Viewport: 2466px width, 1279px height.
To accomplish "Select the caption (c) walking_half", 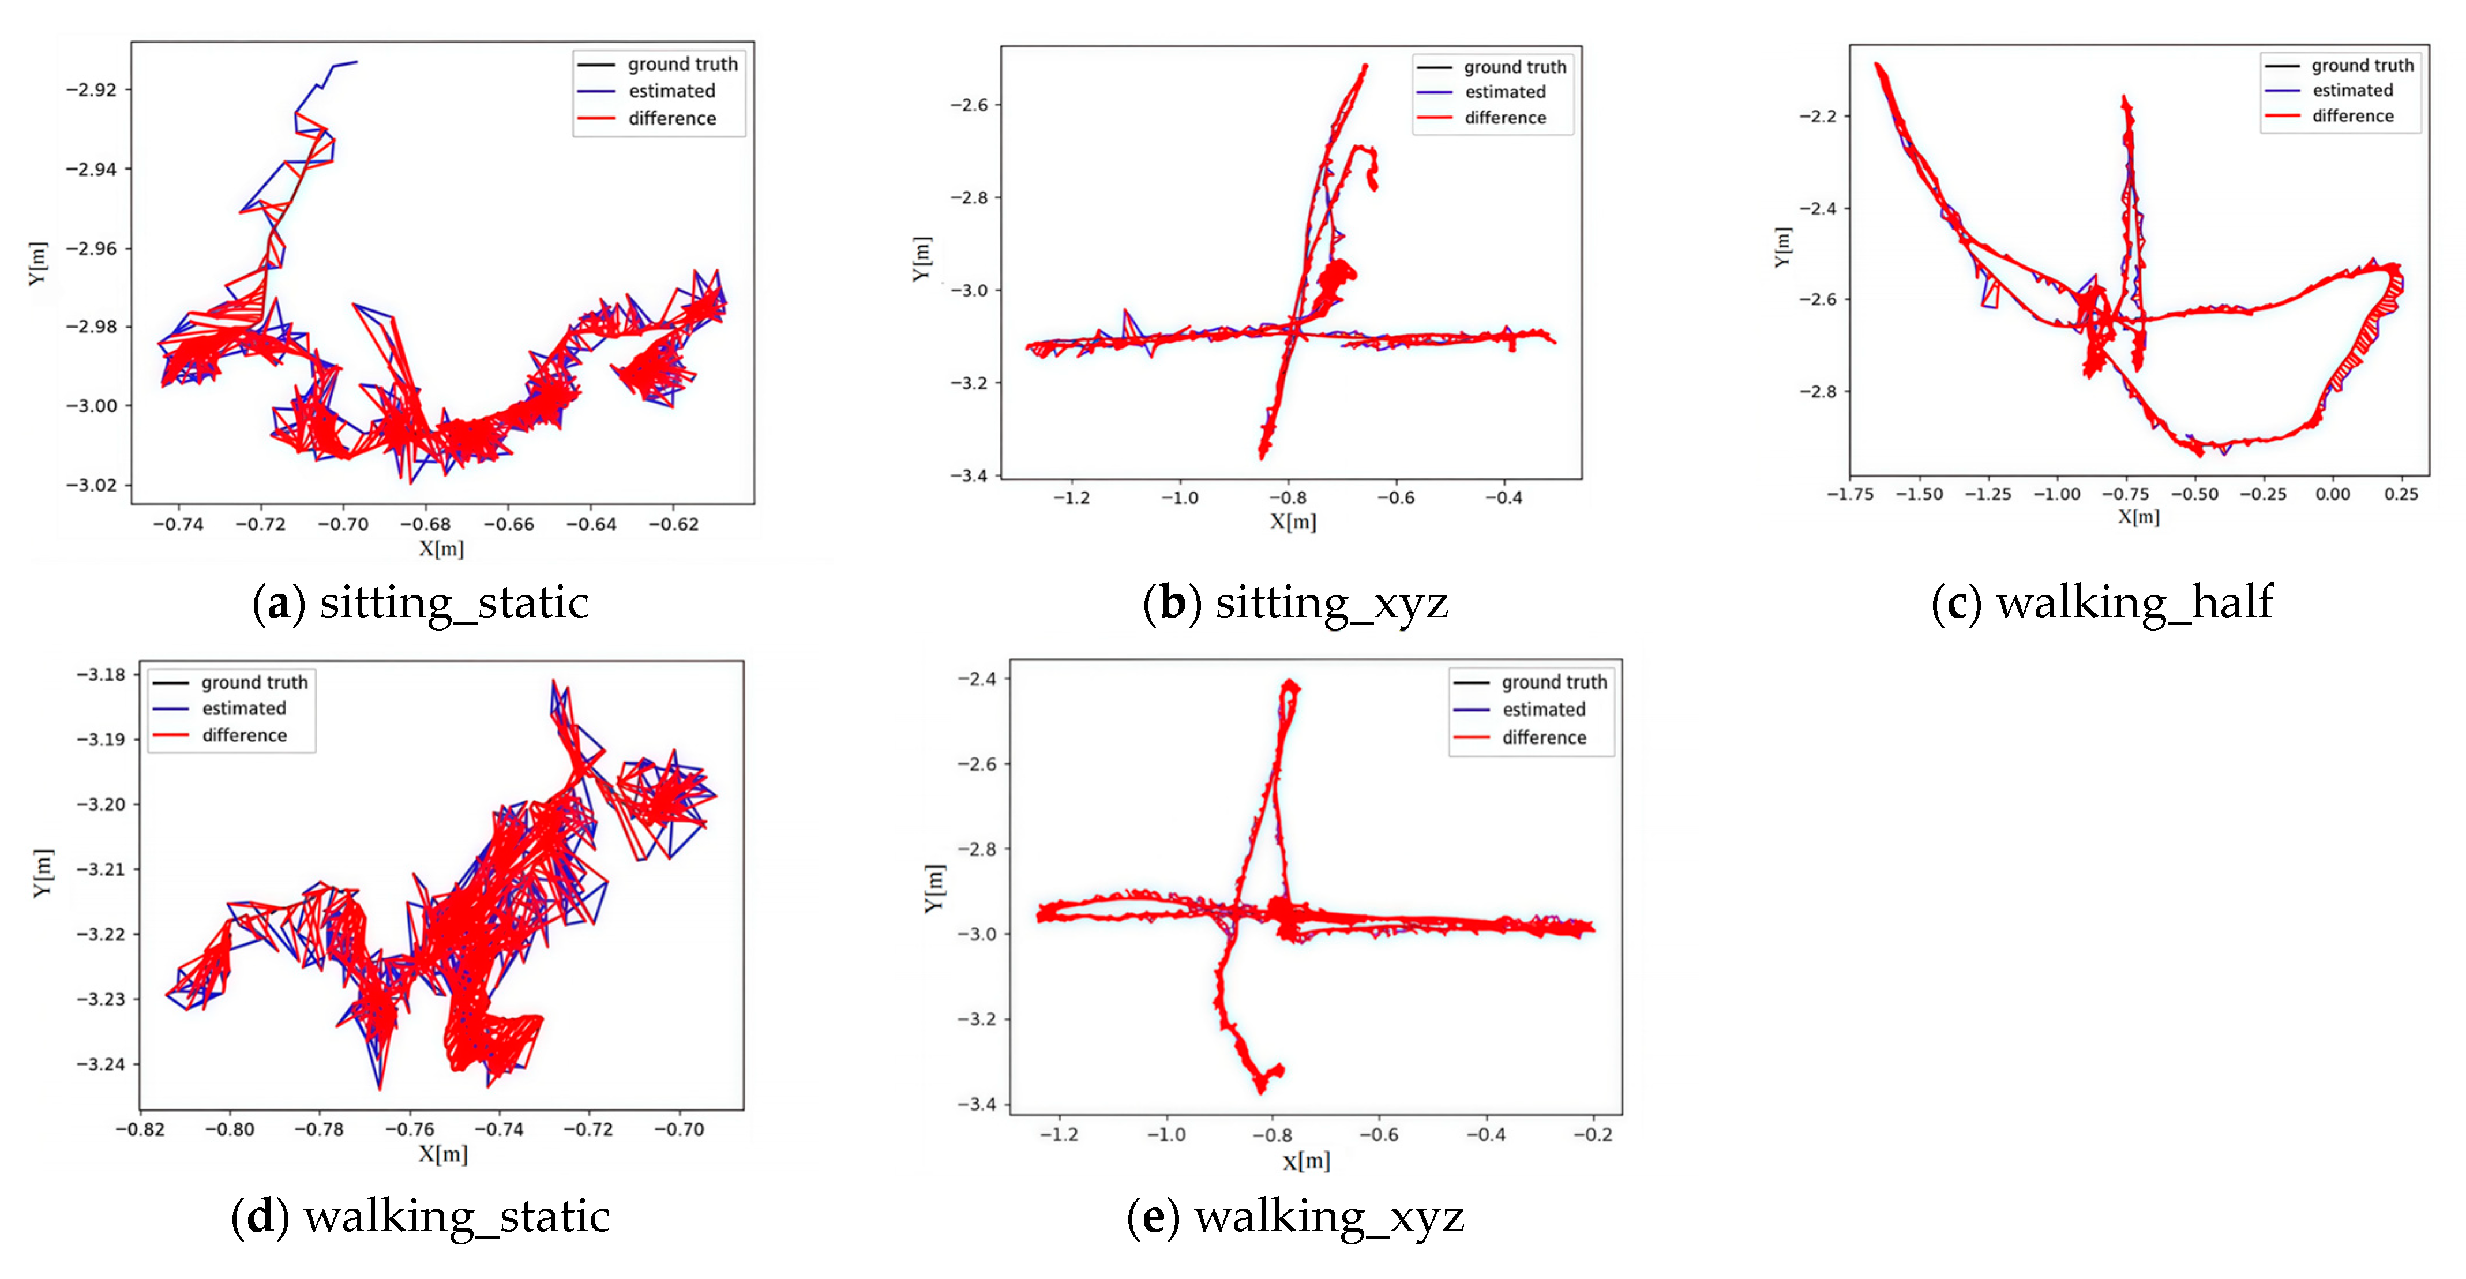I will [x=2102, y=603].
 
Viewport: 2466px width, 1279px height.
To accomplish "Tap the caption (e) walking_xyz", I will [x=1295, y=1218].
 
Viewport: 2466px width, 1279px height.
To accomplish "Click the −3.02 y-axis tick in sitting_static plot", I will [x=91, y=485].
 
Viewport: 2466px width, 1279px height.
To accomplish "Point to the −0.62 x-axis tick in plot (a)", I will [x=673, y=524].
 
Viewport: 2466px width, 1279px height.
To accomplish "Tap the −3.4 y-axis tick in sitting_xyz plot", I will [x=968, y=476].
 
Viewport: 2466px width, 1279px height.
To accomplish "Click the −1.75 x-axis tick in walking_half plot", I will [x=1849, y=495].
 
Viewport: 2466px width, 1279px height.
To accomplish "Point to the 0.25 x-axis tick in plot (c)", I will [x=2401, y=495].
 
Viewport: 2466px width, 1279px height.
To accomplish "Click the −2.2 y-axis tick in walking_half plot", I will [x=1817, y=117].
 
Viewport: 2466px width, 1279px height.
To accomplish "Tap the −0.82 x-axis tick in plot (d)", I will [x=140, y=1130].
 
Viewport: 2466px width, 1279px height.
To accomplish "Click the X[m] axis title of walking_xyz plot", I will [x=1306, y=1161].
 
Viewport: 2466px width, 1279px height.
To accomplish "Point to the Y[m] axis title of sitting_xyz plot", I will [x=921, y=258].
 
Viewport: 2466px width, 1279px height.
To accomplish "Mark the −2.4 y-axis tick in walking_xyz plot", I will [x=977, y=679].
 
